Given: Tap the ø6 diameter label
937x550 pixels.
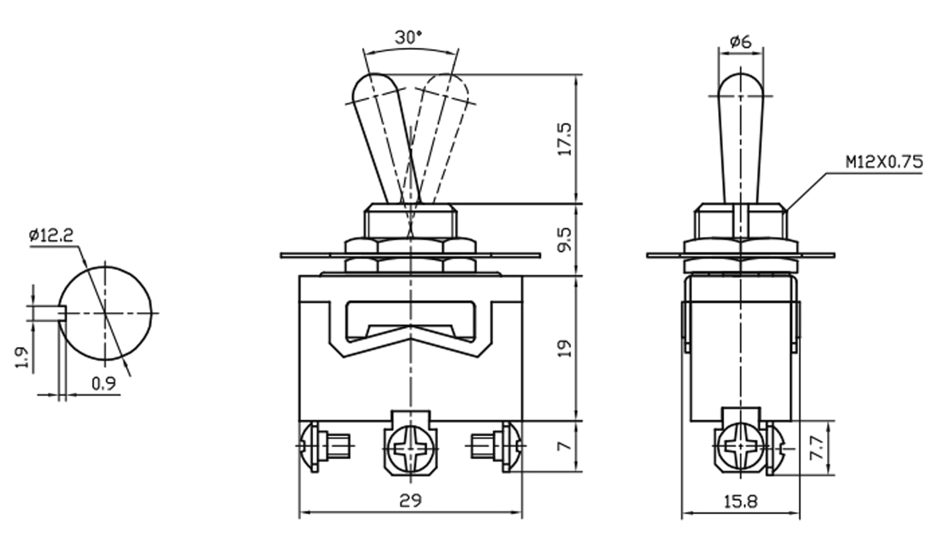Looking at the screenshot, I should (740, 42).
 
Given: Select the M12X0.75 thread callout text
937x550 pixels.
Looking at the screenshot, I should (884, 162).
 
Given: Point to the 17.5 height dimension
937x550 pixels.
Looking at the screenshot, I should (565, 139).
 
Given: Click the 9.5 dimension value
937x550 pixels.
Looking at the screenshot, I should (565, 239).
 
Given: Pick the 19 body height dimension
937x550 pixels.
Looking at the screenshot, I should (565, 348).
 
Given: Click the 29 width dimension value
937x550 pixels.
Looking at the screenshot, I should (410, 500).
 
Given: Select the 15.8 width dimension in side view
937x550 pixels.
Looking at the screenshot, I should (740, 502).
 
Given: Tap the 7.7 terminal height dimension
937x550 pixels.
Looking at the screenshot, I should (817, 448).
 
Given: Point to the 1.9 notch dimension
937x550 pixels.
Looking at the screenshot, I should (22, 357).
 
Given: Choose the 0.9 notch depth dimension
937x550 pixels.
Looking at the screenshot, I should (104, 383).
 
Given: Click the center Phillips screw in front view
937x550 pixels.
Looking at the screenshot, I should (410, 447).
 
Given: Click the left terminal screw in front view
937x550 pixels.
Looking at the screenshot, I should (312, 445).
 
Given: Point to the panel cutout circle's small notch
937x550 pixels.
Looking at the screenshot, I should (63, 313).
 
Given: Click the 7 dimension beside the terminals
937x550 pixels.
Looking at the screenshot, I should (565, 445).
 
